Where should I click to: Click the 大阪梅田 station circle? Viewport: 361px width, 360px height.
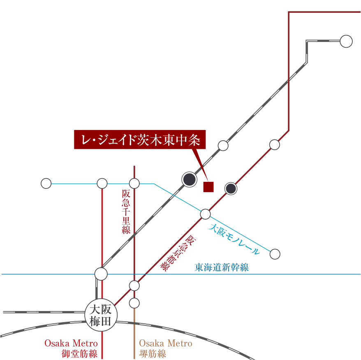point(101,315)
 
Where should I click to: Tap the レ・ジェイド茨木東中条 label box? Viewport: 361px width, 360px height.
point(140,139)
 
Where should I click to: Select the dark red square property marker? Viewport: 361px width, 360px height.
point(208,187)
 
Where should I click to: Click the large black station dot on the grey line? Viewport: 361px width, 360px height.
point(190,179)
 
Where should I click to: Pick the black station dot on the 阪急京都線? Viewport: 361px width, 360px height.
point(231,188)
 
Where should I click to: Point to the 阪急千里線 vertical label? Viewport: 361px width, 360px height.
point(126,211)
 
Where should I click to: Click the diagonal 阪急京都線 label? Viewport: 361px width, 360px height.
point(178,253)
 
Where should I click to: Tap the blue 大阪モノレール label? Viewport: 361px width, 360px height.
point(234,239)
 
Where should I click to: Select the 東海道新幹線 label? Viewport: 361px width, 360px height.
point(222,267)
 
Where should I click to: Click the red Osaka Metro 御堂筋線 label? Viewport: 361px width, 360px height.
point(71,348)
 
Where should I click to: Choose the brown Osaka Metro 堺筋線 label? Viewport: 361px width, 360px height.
point(166,348)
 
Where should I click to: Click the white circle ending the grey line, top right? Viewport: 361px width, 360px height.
point(346,42)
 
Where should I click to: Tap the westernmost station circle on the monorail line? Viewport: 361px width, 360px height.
point(46,183)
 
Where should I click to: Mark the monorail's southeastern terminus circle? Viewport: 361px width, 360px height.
point(275,254)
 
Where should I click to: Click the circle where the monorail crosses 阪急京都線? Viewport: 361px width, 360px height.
point(205,214)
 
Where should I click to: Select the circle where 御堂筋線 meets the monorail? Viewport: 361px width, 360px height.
point(102,183)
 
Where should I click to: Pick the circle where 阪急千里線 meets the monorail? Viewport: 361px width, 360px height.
point(134,183)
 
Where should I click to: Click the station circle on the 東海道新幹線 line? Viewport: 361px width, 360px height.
point(101,274)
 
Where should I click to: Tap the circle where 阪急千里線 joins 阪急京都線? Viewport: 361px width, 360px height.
point(134,286)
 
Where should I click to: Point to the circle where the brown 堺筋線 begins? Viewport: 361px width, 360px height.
point(134,303)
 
